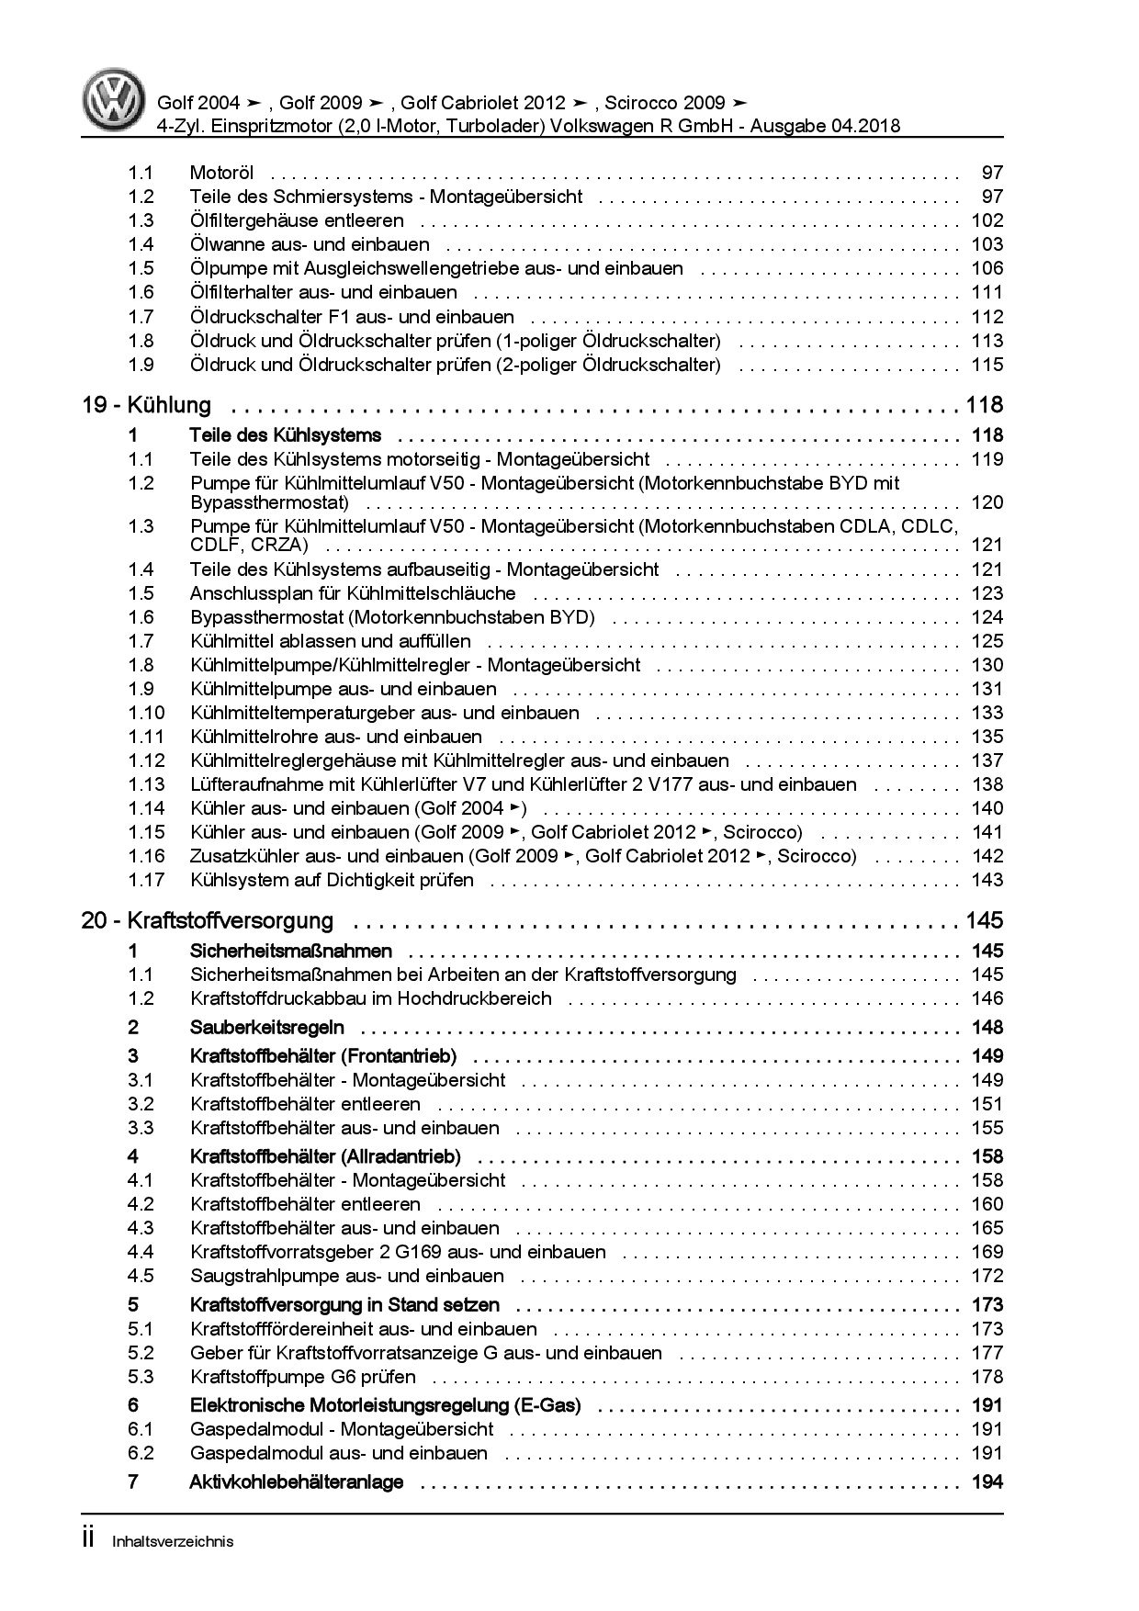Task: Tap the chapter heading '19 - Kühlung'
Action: tap(146, 405)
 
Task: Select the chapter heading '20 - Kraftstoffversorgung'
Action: tap(208, 920)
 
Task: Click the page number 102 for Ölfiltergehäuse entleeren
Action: tap(987, 220)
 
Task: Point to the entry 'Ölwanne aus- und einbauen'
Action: tap(310, 244)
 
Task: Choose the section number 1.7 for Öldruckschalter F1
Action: tap(141, 317)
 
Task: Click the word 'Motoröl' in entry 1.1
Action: tap(221, 173)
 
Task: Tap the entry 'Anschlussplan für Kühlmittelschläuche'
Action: tap(353, 593)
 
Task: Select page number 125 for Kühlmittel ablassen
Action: tap(987, 641)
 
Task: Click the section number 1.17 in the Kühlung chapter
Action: tap(146, 880)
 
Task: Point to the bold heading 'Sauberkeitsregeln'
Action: tap(266, 1027)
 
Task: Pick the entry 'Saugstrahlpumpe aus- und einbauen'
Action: tap(347, 1276)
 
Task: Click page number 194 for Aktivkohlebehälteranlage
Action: tap(987, 1481)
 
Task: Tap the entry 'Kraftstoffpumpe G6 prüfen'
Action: tap(303, 1377)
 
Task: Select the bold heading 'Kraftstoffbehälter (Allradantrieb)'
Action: tap(325, 1156)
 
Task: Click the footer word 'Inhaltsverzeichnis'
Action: tap(173, 1541)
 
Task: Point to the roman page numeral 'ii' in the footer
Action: tap(88, 1539)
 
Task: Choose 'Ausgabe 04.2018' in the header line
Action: tap(832, 126)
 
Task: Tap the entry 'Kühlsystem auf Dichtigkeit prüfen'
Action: tap(332, 880)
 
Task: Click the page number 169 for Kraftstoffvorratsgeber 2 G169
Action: tap(987, 1252)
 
